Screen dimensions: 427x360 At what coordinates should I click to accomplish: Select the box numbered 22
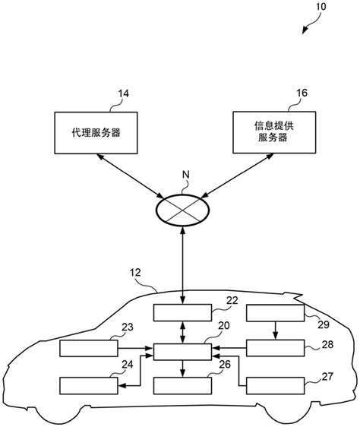(182, 313)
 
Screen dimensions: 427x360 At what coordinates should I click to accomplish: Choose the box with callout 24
(89, 386)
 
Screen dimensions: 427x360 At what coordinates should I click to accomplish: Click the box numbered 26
(182, 386)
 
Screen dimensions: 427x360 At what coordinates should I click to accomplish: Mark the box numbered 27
(275, 386)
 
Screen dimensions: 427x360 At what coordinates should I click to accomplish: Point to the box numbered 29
(275, 313)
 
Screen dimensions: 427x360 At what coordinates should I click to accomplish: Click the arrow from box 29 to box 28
(275, 331)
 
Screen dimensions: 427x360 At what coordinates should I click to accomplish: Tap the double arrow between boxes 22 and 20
(182, 331)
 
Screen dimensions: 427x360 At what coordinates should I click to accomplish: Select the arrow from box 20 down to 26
(182, 368)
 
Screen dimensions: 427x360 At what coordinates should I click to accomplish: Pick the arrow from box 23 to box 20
(136, 350)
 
